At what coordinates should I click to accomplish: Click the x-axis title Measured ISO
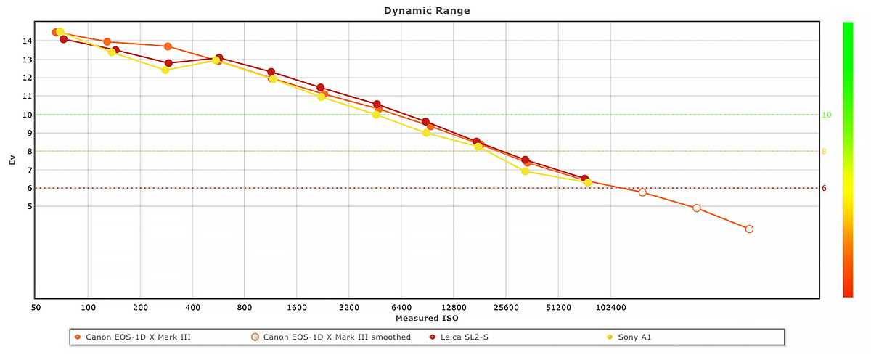pyautogui.click(x=427, y=318)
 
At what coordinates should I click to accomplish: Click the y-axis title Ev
pyautogui.click(x=12, y=160)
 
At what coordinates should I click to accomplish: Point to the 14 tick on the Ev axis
pyautogui.click(x=27, y=41)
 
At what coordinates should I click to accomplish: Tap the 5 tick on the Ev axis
pyautogui.click(x=29, y=206)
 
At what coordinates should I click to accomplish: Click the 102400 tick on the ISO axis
pyautogui.click(x=610, y=307)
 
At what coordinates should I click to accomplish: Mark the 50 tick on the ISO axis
pyautogui.click(x=36, y=307)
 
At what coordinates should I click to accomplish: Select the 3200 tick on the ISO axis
pyautogui.click(x=349, y=307)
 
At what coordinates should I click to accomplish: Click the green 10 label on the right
pyautogui.click(x=826, y=115)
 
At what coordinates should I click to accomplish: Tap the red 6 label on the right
pyautogui.click(x=824, y=188)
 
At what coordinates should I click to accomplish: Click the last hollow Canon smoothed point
pyautogui.click(x=749, y=229)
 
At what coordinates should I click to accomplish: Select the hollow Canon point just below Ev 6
pyautogui.click(x=642, y=192)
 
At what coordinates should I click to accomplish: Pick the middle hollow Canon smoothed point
pyautogui.click(x=696, y=208)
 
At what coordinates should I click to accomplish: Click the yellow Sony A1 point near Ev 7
pyautogui.click(x=525, y=171)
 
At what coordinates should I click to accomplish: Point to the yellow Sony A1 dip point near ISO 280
pyautogui.click(x=165, y=70)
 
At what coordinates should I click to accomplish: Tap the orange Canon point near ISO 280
pyautogui.click(x=168, y=46)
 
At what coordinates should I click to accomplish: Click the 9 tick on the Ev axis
pyautogui.click(x=29, y=133)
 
